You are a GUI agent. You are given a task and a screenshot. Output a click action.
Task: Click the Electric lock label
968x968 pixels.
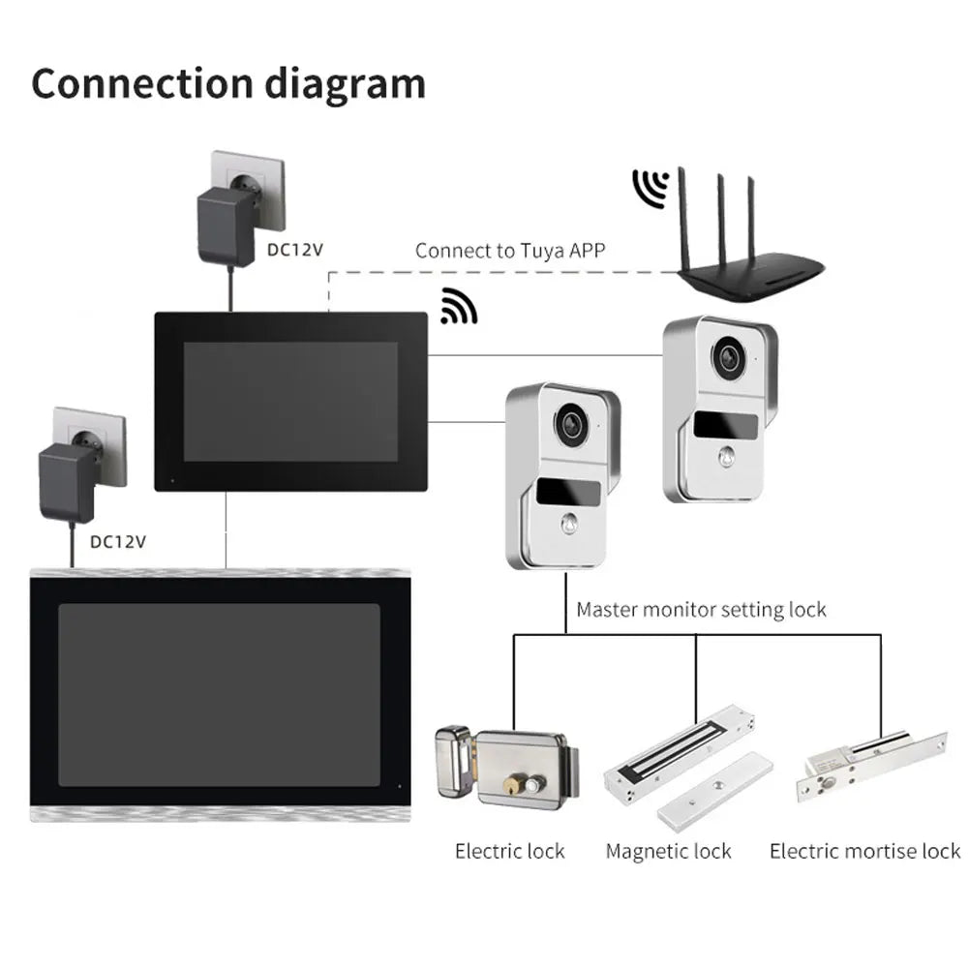[x=509, y=852]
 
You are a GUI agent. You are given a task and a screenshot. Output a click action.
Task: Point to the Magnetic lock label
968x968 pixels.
[x=668, y=852]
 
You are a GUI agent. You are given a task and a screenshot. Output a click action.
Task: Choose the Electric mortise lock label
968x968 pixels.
[x=864, y=852]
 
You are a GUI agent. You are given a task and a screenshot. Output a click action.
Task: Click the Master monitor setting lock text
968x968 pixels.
[x=701, y=610]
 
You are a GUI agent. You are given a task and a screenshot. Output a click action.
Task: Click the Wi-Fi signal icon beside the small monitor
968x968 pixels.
[x=458, y=306]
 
